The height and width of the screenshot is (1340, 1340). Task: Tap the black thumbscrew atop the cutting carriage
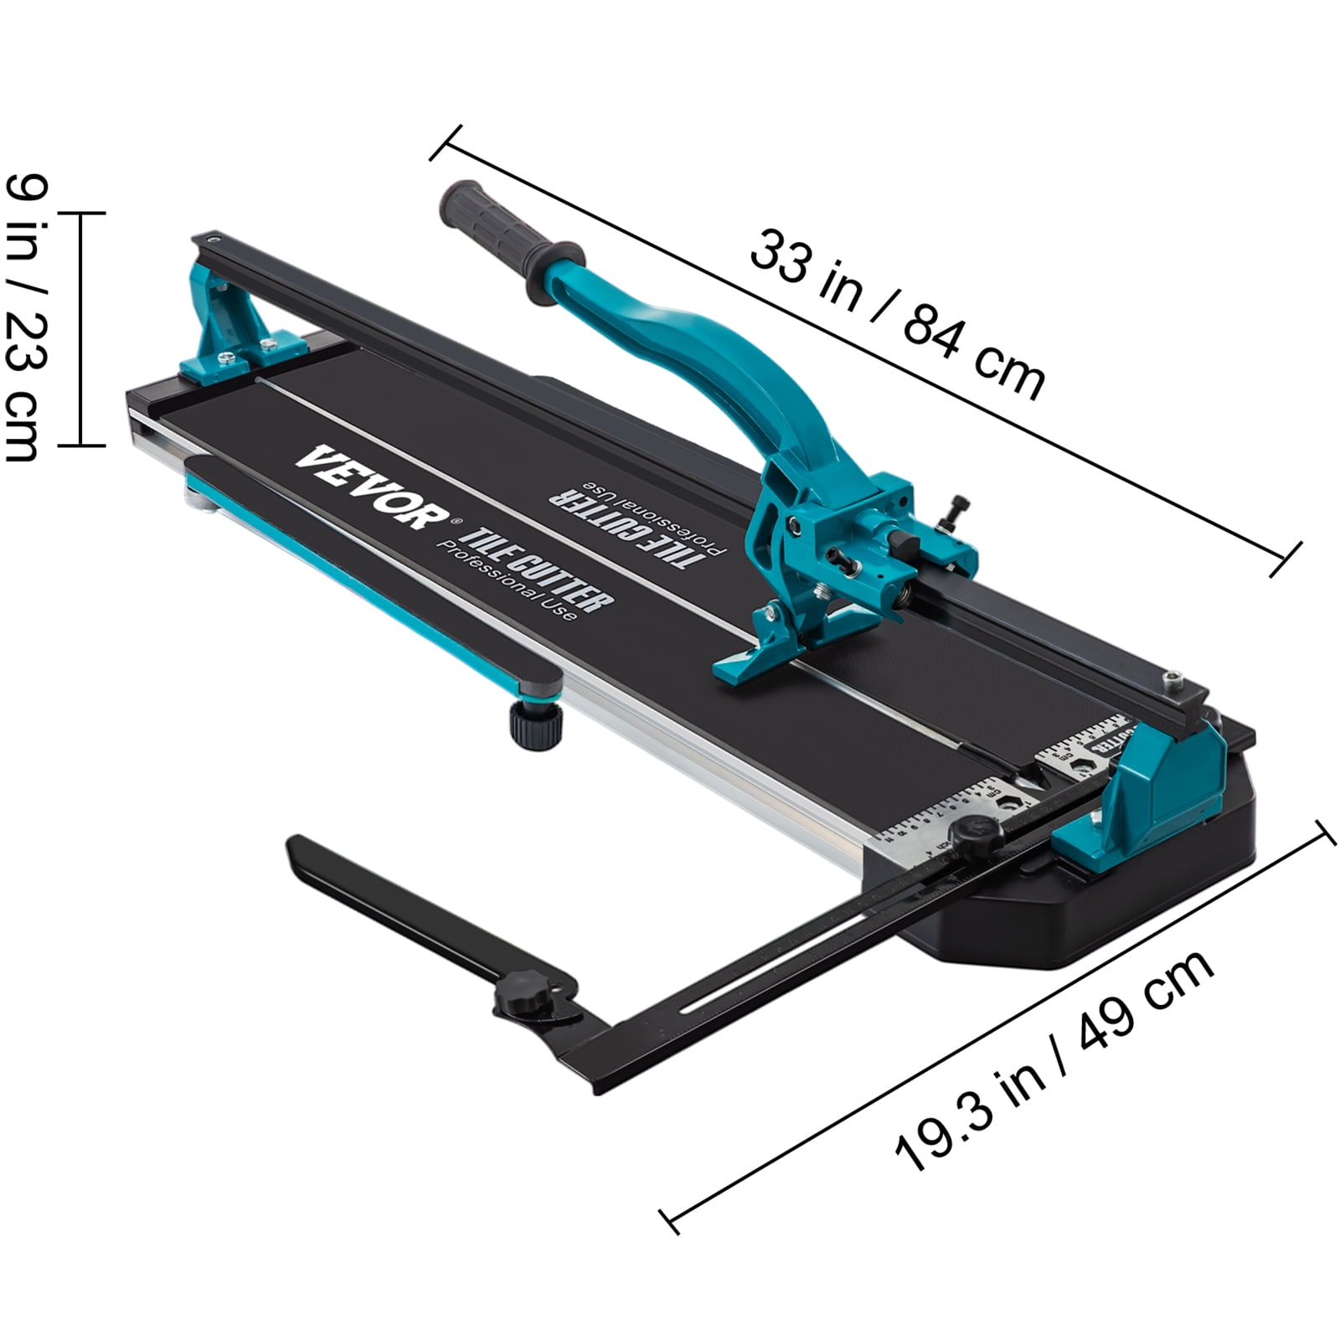coord(955,512)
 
